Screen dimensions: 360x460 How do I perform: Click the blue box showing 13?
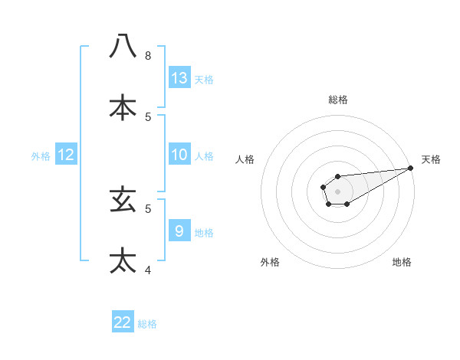pos(179,77)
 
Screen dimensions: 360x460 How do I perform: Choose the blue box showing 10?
pos(179,155)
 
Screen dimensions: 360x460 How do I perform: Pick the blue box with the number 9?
pos(179,231)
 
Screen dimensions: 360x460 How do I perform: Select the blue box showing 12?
pos(66,155)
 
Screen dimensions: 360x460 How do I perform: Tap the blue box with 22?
pos(123,322)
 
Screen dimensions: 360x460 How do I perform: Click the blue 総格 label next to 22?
pos(147,324)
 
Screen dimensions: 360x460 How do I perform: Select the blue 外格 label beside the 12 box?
pos(41,156)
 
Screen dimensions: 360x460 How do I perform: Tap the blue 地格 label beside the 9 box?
pos(204,233)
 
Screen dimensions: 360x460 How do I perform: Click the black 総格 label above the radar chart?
pos(338,100)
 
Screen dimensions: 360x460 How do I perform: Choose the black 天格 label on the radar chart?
pos(431,159)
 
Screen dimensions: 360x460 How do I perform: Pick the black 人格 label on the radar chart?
pos(245,159)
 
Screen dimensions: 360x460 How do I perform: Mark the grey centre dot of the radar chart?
pos(337,191)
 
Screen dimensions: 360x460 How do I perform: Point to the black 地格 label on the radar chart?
pos(402,262)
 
